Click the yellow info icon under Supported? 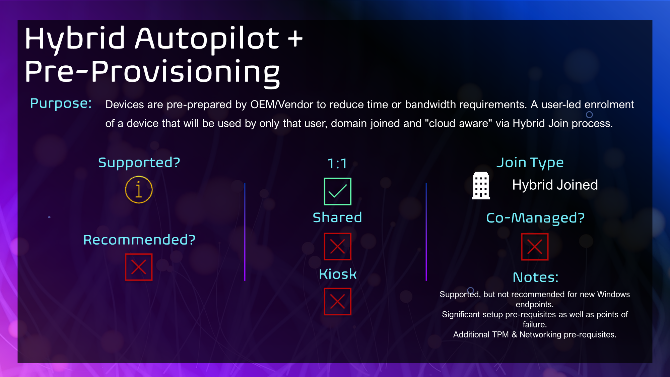click(139, 190)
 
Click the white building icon click(481, 186)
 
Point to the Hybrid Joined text click(555, 185)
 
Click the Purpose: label click(61, 104)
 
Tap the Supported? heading click(139, 163)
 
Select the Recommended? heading click(139, 240)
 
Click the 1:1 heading click(337, 164)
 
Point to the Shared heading click(337, 217)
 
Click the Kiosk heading click(338, 274)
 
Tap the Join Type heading click(530, 163)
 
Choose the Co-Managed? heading click(535, 218)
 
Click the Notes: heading click(536, 277)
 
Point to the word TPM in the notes click(500, 335)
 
